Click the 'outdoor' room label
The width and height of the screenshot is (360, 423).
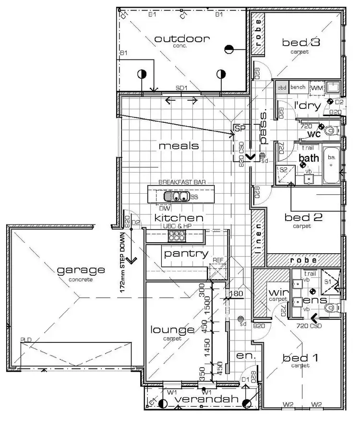[x=179, y=39]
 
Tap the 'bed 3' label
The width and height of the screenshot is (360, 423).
[x=301, y=43]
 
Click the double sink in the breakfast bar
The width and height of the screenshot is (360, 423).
[x=175, y=196]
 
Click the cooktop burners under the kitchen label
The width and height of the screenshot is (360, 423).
[x=176, y=235]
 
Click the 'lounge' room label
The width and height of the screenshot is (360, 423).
[x=172, y=329]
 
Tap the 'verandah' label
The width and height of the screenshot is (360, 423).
[x=206, y=399]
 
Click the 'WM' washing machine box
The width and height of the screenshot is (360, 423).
[x=316, y=88]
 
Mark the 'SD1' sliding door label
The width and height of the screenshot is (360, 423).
[x=181, y=89]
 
